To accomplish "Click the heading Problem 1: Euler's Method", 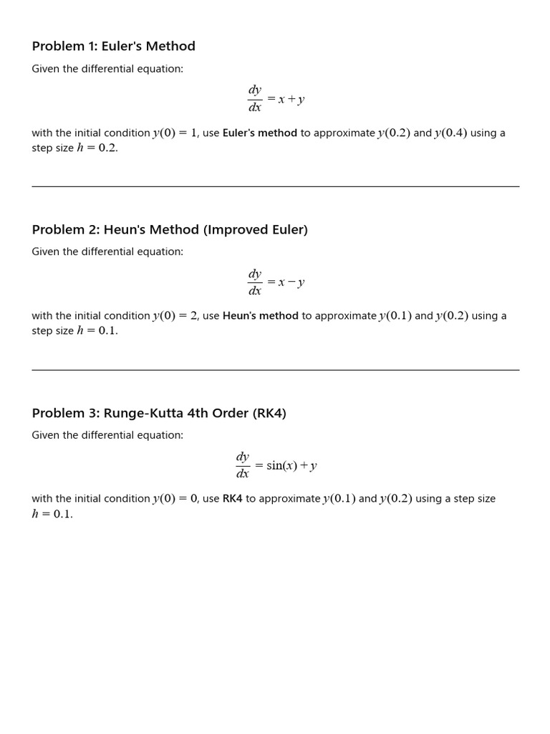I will click(x=113, y=47).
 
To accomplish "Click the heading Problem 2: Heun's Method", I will click(x=170, y=230).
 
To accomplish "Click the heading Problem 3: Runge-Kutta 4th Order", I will click(x=159, y=414).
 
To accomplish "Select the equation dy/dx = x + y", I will click(x=276, y=100).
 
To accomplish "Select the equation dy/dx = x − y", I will click(x=276, y=282).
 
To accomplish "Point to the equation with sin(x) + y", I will click(x=276, y=465).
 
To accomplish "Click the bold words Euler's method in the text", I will click(x=260, y=133).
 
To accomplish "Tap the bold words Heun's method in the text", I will click(x=261, y=316).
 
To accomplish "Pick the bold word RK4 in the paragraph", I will click(x=233, y=499).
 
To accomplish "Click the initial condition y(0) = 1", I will click(x=175, y=133).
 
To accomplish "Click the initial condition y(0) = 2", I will click(x=175, y=316).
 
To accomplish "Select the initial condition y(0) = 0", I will click(x=175, y=499).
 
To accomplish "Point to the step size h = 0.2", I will click(x=97, y=148).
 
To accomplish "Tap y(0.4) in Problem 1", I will click(x=450, y=133).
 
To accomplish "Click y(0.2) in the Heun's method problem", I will click(x=452, y=316).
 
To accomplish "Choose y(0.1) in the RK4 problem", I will click(x=339, y=499).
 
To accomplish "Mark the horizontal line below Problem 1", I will click(x=276, y=186).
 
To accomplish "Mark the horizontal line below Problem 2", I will click(x=276, y=370).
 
